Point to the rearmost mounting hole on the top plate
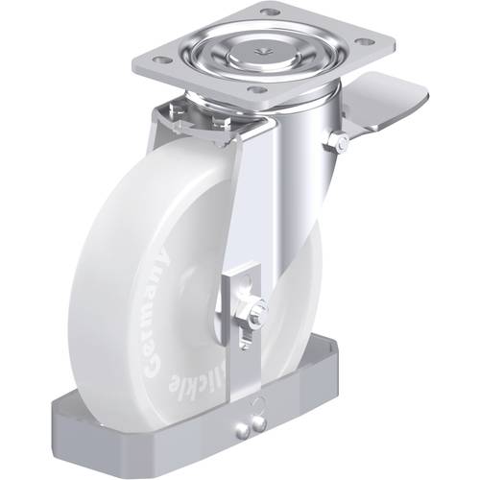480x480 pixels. pos(272,12)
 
